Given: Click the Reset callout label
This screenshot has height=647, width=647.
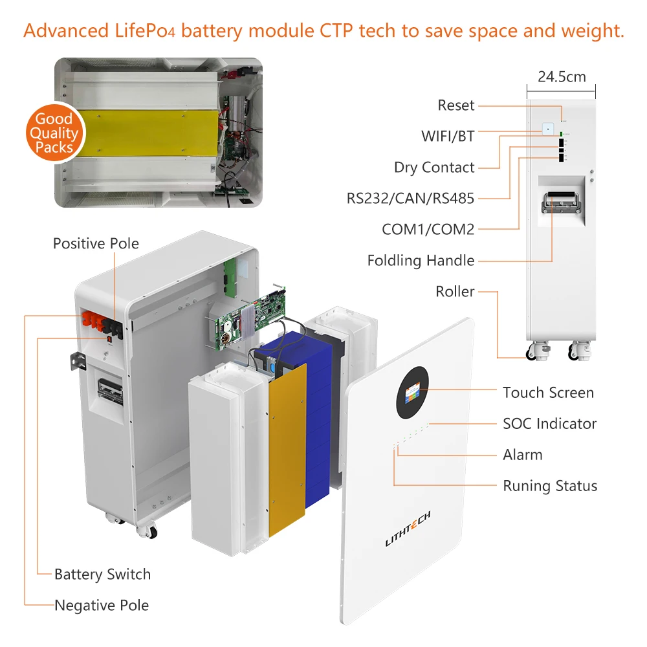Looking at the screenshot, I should [455, 105].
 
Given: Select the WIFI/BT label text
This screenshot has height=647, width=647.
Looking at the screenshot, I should [447, 137].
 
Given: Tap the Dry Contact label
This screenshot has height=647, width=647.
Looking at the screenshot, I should [434, 168].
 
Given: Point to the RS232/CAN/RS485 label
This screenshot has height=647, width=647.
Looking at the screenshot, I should [410, 199].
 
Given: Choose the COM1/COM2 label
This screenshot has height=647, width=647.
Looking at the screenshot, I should [428, 230].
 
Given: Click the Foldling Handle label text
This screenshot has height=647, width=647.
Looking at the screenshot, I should [421, 261].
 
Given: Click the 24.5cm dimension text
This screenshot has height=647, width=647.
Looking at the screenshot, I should [561, 77].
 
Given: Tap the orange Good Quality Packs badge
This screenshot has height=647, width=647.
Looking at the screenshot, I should [54, 133].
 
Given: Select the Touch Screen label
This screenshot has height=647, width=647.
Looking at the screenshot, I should [548, 393].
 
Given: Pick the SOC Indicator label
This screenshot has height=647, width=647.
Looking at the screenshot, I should [549, 424].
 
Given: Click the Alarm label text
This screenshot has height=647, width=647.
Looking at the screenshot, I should [522, 455].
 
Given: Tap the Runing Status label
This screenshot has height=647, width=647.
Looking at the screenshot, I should [550, 486].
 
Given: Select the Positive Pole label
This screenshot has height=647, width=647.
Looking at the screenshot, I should [96, 244].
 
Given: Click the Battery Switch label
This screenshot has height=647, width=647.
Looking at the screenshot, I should [102, 575].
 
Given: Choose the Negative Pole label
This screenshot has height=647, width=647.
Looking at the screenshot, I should [102, 606].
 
